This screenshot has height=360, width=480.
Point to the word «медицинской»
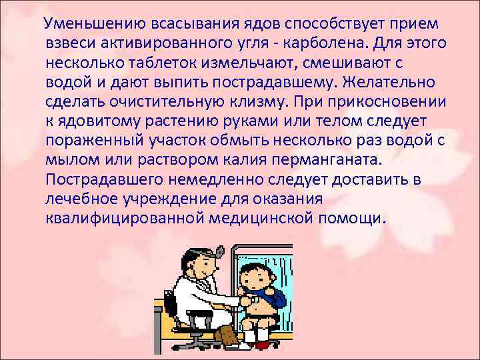[273, 219]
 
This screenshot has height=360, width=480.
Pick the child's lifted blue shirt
[273, 293]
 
